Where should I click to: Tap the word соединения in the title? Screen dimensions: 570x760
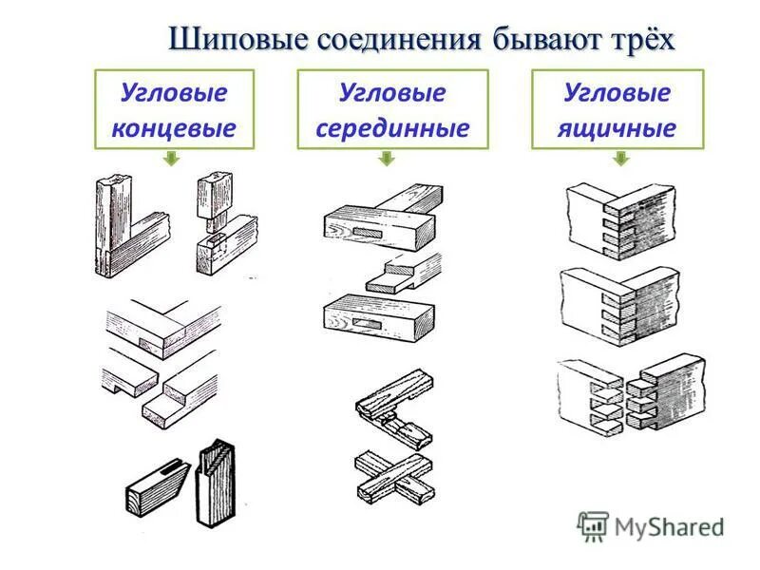pos(392,40)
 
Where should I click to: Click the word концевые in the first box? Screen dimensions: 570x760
pos(174,126)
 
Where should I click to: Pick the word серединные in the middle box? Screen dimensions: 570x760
pos(392,126)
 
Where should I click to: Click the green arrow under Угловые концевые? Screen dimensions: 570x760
pos(171,160)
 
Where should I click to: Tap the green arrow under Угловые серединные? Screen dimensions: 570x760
pos(387,160)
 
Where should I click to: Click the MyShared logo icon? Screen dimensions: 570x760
pos(593,525)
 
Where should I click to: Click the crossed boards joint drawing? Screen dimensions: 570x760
pos(393,475)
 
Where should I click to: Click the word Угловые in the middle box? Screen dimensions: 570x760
pos(392,94)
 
